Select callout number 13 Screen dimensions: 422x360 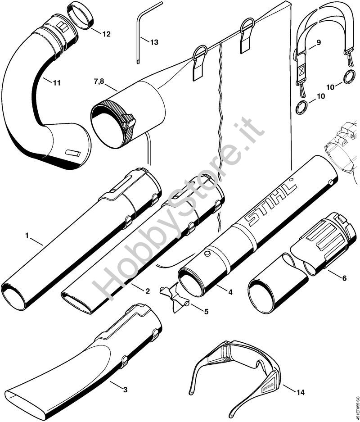coord(154,42)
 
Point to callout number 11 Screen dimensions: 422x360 coord(57,82)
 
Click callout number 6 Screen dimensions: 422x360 coord(344,278)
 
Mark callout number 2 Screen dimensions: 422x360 coord(147,291)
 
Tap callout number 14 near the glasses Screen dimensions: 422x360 coord(300,392)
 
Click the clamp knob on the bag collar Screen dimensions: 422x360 coord(130,120)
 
